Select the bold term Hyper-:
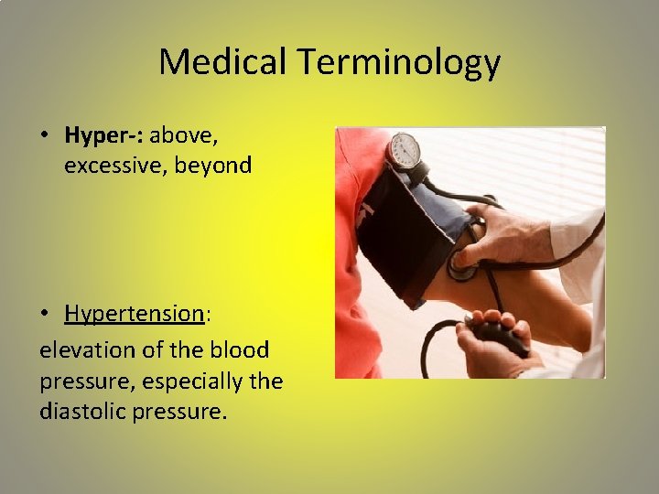[x=104, y=135]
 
